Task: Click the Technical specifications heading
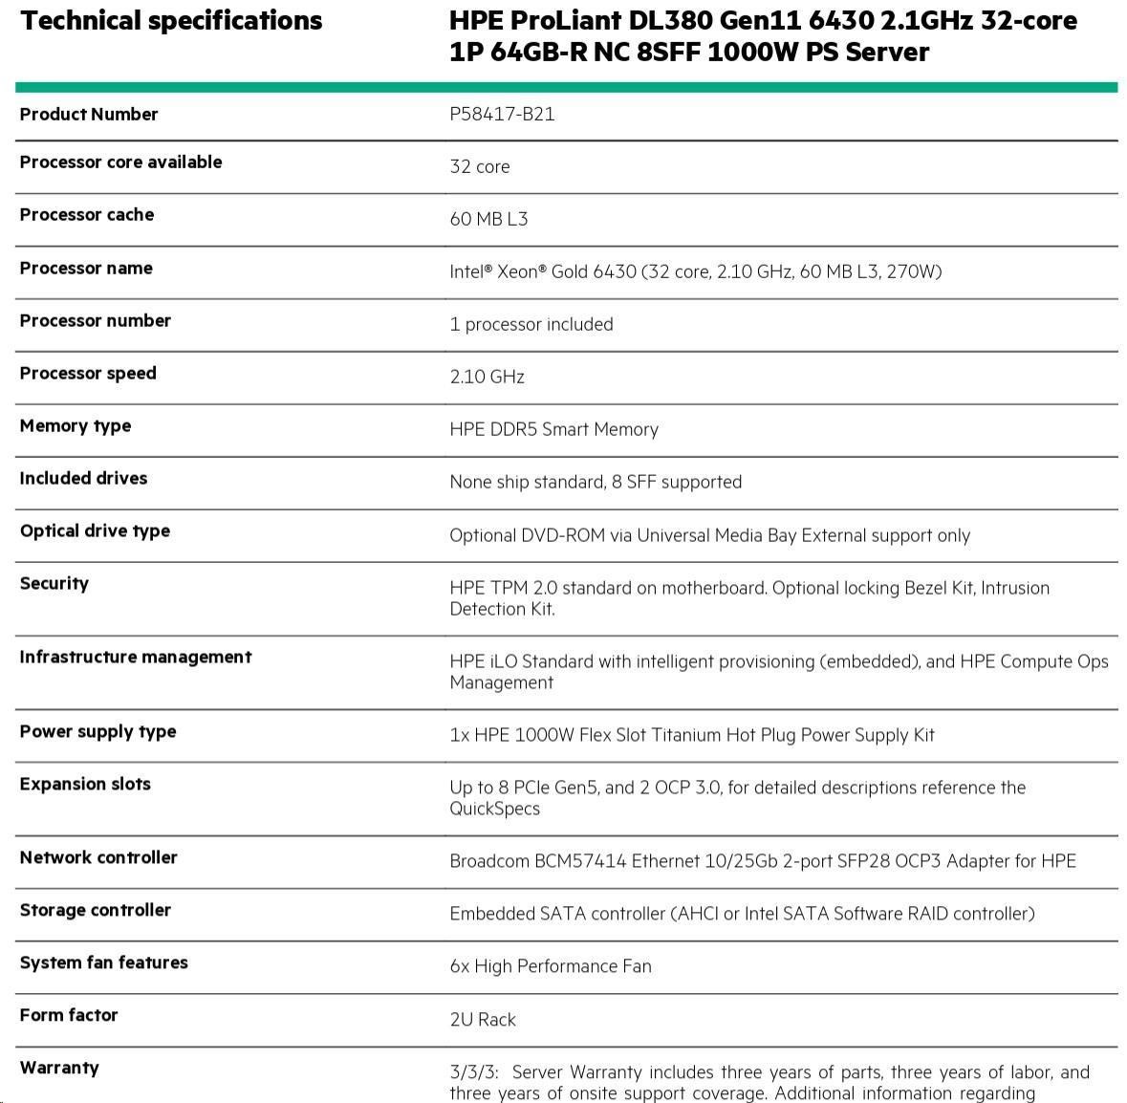[x=171, y=21]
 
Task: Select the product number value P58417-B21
[x=502, y=114]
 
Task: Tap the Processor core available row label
[x=120, y=162]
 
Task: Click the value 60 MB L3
[x=488, y=219]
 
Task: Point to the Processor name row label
[x=86, y=268]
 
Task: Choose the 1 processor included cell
[x=531, y=324]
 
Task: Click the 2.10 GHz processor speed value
[x=487, y=377]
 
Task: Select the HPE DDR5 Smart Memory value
[x=553, y=429]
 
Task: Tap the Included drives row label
[x=83, y=478]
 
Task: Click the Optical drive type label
[x=95, y=530]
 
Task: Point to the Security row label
[x=54, y=583]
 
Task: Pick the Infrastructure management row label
[x=135, y=657]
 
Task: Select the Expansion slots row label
[x=85, y=784]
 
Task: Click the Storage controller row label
[x=95, y=910]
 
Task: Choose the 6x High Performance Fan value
[x=550, y=966]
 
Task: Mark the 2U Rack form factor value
[x=482, y=1020]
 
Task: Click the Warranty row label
[x=59, y=1068]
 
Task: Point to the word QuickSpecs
[x=494, y=809]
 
